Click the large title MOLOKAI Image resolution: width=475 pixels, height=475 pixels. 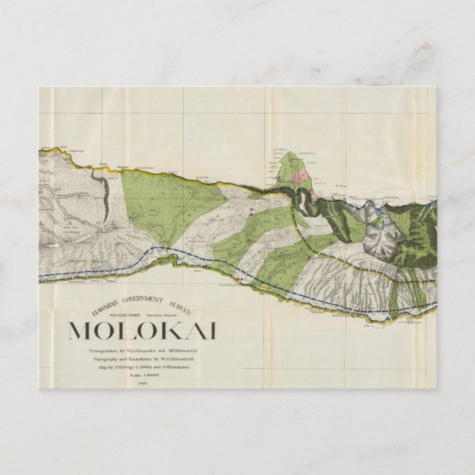(142, 331)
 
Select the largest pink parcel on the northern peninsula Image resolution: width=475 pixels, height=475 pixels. (299, 176)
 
